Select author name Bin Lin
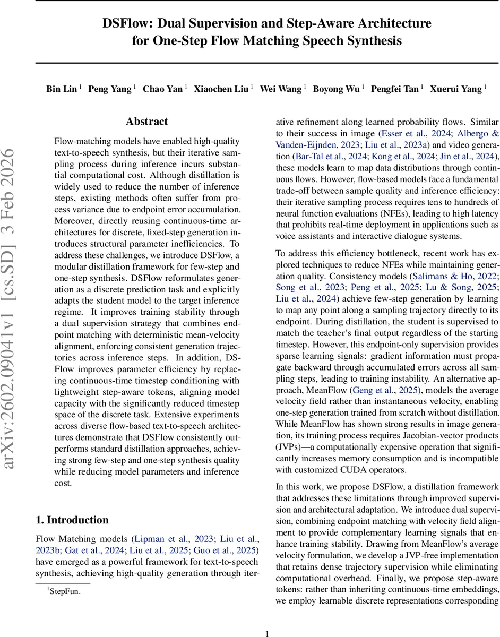pyautogui.click(x=62, y=89)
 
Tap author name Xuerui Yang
pyautogui.click(x=455, y=89)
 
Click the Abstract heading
pyautogui.click(x=147, y=122)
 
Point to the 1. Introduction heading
pyautogui.click(x=72, y=520)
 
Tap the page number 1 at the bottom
pyautogui.click(x=268, y=619)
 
